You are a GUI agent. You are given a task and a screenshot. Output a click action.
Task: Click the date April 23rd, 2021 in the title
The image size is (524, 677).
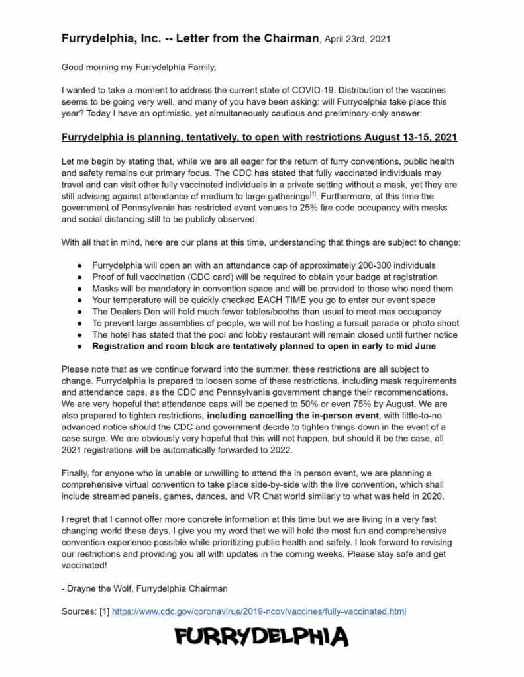click(355, 39)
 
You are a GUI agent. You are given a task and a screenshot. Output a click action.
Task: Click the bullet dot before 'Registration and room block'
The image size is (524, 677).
click(80, 347)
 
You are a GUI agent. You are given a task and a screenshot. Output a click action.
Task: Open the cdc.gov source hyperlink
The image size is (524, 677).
click(259, 611)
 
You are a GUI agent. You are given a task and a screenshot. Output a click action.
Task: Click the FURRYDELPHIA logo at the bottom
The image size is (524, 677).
click(262, 638)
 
